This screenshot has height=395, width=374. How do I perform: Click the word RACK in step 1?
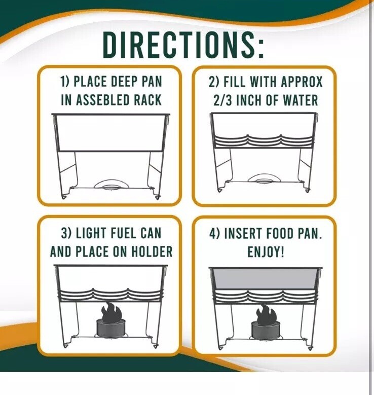coord(147,100)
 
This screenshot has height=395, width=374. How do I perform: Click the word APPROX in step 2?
coord(302,82)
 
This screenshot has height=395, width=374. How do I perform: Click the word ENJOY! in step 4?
coord(266,252)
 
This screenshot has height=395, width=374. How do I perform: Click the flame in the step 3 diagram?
coord(111,311)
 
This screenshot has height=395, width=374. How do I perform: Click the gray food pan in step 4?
coord(266,278)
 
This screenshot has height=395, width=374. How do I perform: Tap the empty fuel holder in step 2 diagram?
coord(264,178)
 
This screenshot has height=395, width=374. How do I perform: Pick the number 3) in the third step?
coord(66,233)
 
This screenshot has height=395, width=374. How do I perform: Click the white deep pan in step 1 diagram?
coord(111,133)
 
